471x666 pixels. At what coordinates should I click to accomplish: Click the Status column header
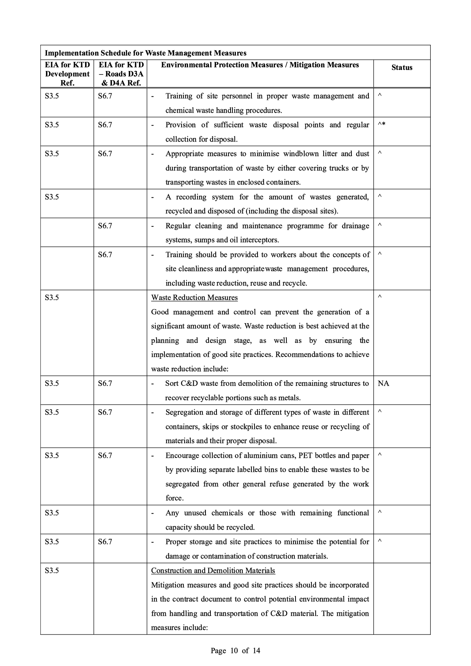coord(401,68)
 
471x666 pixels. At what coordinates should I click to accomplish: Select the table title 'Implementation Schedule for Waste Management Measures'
coord(145,53)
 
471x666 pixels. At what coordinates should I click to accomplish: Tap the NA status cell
coord(383,384)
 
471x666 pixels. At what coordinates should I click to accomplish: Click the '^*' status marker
coord(382,125)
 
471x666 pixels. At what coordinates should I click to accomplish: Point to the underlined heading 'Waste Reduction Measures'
coord(194,298)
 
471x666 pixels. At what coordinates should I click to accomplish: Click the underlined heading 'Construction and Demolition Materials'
coord(213,571)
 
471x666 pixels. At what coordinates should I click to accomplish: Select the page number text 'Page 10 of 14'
coord(235,651)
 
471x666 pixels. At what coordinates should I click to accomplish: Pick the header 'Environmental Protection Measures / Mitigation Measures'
coord(260,65)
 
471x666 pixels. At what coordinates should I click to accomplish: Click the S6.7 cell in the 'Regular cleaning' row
coord(105,226)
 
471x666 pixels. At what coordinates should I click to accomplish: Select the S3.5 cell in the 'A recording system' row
coord(52,197)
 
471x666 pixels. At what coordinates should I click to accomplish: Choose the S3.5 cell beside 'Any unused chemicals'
coord(52,513)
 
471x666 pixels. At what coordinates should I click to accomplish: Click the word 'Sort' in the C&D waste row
coord(172,384)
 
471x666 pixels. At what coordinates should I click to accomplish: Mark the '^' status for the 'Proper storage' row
coord(379,541)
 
